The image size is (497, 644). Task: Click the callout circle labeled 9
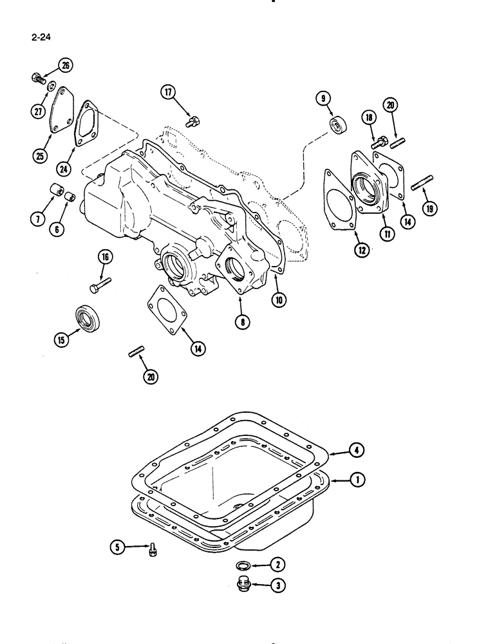[x=323, y=98]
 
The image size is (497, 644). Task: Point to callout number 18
[x=368, y=117]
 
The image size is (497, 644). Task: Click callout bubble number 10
[x=278, y=299]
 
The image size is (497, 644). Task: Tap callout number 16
[x=105, y=258]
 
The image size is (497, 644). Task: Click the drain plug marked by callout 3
[x=244, y=586]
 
